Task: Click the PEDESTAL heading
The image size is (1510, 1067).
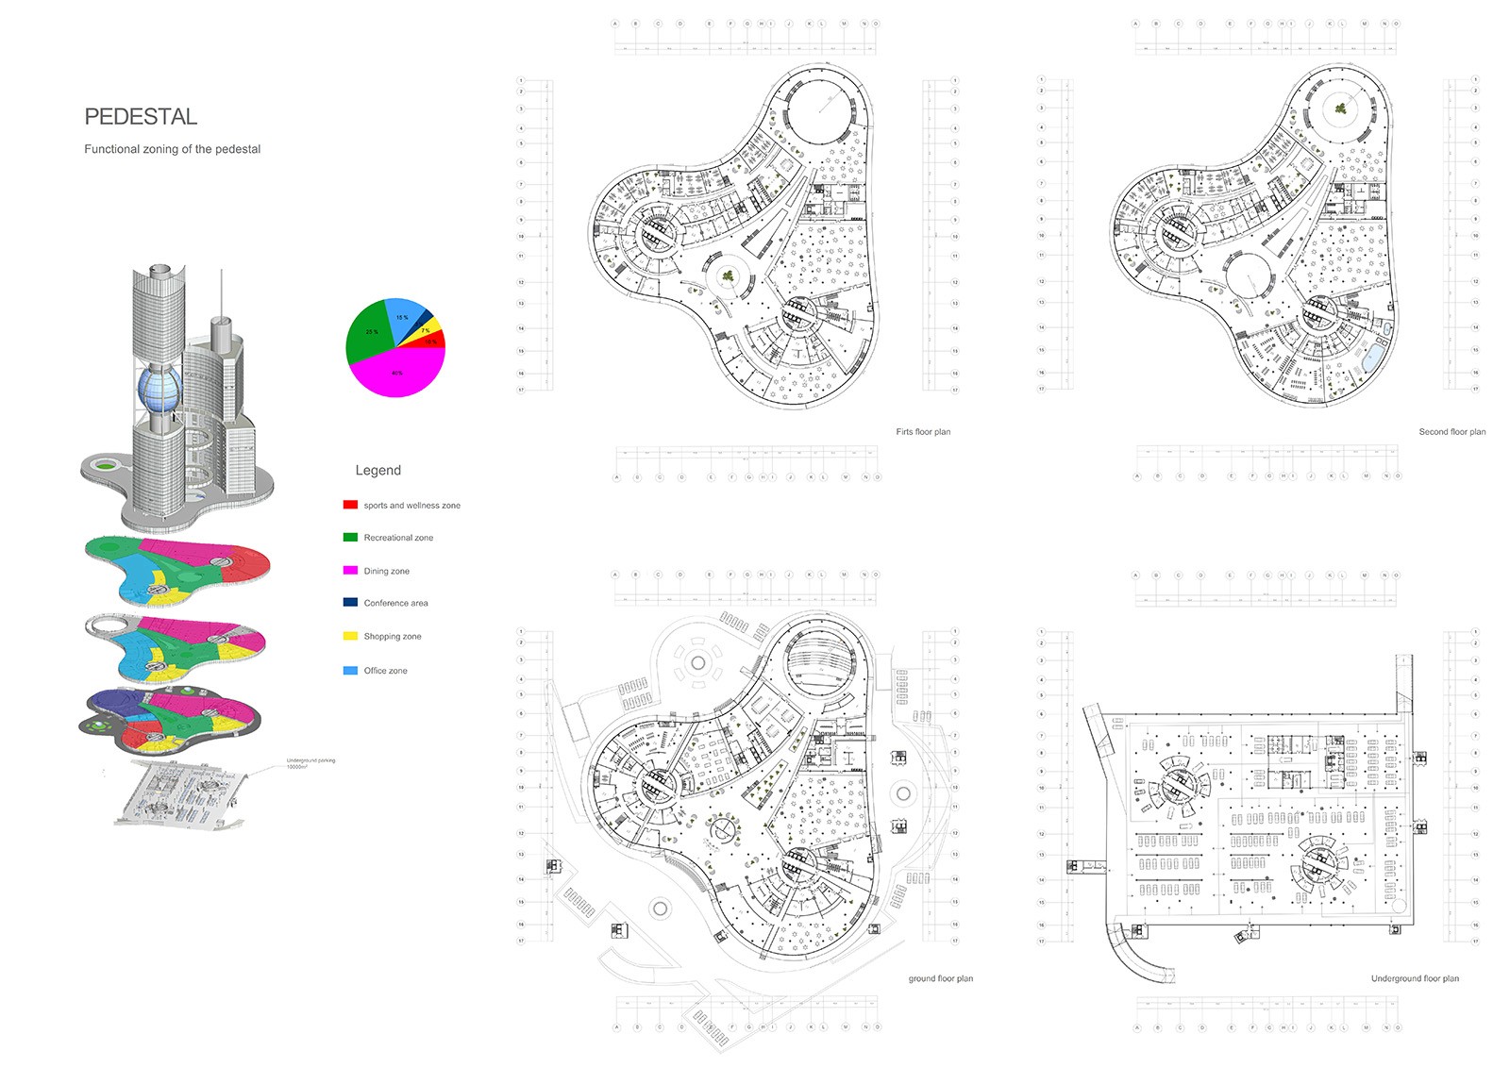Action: [x=141, y=117]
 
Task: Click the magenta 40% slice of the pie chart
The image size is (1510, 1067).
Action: [x=396, y=374]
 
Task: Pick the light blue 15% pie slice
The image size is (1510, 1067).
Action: [x=403, y=316]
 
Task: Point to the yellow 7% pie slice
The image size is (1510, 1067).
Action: [x=428, y=329]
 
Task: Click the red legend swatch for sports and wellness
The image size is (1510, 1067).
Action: [x=350, y=506]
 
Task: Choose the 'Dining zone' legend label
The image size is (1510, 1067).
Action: [x=386, y=572]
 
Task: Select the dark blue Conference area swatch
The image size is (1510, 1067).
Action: [x=350, y=603]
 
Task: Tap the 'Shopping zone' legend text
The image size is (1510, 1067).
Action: [x=393, y=637]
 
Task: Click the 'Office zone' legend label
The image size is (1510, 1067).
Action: [x=385, y=671]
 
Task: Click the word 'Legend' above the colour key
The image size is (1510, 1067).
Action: [x=377, y=471]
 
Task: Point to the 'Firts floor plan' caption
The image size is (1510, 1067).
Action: [x=923, y=432]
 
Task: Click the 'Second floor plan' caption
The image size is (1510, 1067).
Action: [x=1451, y=432]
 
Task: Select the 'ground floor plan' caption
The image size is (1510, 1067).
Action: [x=940, y=979]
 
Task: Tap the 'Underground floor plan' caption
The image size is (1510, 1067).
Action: [x=1415, y=979]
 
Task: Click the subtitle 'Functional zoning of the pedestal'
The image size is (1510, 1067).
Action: [x=172, y=149]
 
